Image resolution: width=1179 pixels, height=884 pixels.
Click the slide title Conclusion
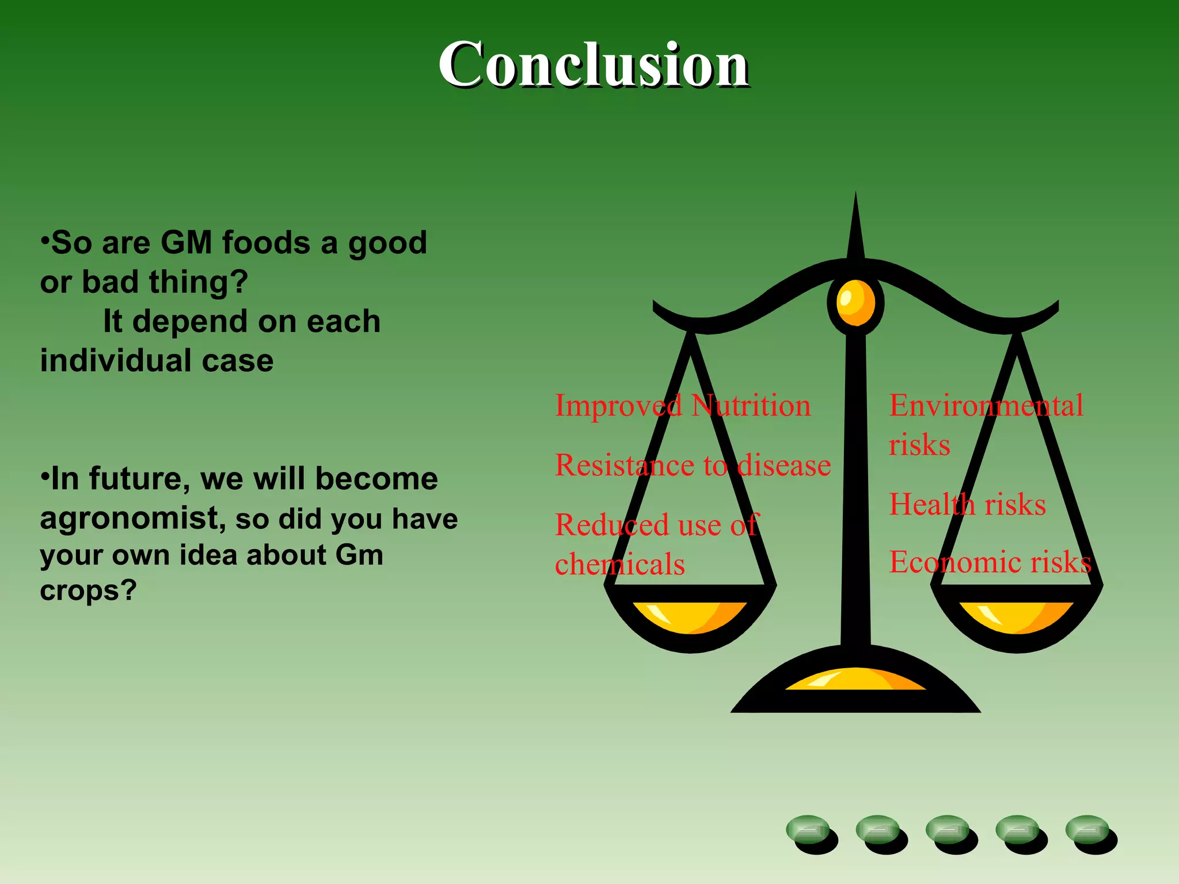pos(593,64)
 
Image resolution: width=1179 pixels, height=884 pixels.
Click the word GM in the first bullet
pos(186,242)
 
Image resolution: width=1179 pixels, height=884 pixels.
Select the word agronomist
pos(130,518)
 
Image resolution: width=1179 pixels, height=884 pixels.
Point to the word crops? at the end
pos(88,590)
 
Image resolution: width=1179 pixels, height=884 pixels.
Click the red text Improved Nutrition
pos(683,406)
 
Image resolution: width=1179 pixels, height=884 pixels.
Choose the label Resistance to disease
pos(693,465)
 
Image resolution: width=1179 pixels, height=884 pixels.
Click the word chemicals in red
pos(620,564)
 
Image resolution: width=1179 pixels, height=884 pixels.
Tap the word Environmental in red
pos(986,406)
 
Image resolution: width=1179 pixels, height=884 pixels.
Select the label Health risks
pos(967,505)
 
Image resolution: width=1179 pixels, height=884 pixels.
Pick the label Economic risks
pos(990,562)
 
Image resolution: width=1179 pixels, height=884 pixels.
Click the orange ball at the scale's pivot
pos(855,303)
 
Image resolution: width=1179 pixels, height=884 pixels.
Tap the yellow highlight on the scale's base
pos(855,679)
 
